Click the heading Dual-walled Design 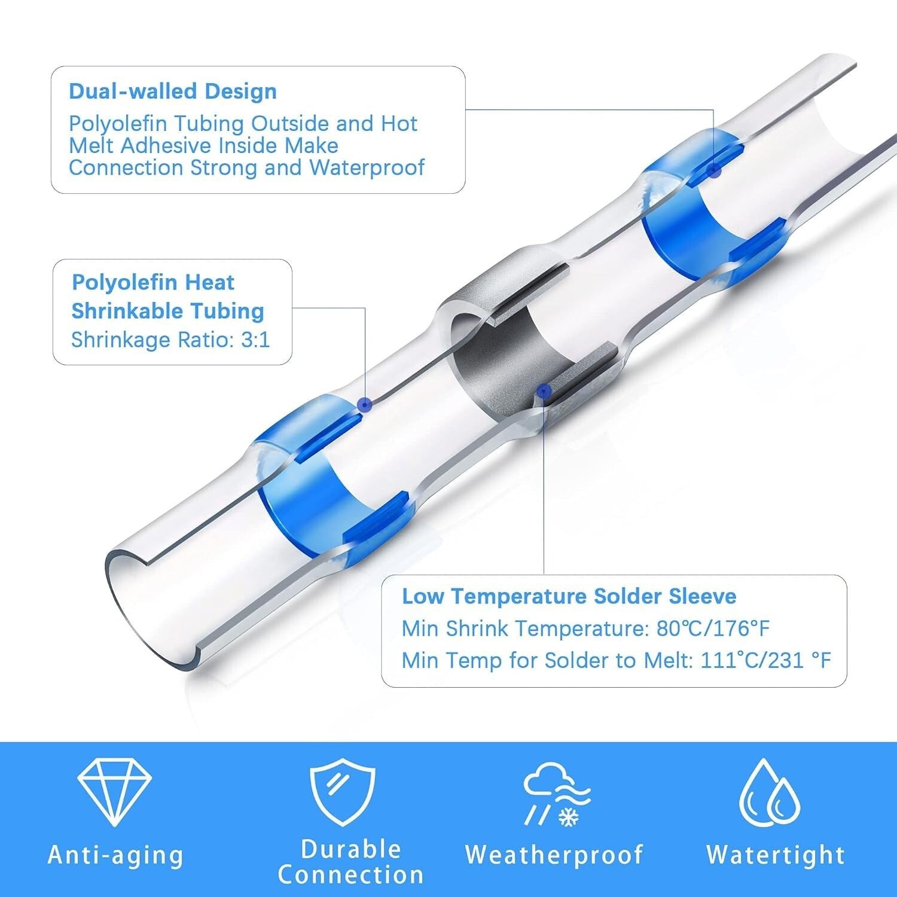(173, 91)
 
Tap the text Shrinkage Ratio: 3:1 (170, 340)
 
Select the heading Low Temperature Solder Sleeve (569, 596)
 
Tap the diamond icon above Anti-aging (115, 792)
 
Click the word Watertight (776, 855)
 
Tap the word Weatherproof (554, 855)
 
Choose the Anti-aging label (115, 855)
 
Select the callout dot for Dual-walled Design (713, 170)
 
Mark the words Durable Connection (351, 862)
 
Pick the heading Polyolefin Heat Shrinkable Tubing (168, 297)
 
